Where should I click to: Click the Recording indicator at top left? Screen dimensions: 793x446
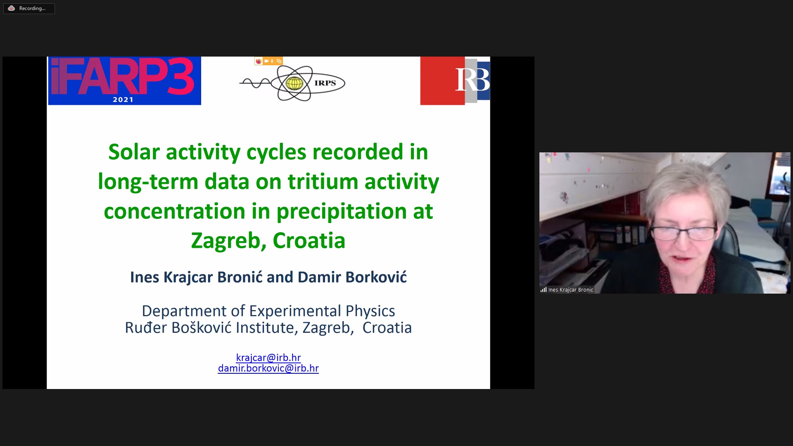click(x=29, y=8)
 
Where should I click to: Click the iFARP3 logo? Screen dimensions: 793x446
click(x=124, y=81)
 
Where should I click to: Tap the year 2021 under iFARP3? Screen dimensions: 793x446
click(x=123, y=100)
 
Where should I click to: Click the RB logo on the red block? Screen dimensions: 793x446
click(x=472, y=80)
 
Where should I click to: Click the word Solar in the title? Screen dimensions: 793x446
click(x=134, y=152)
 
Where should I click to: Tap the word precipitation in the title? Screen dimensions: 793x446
click(x=342, y=211)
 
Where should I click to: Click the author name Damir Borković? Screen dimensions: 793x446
click(x=352, y=277)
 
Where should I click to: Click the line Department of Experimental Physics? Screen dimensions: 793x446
click(x=268, y=311)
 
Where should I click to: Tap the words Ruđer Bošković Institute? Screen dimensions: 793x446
click(x=209, y=328)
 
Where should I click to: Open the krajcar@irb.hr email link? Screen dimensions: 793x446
click(x=268, y=358)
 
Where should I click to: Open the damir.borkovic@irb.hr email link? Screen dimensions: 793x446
click(x=268, y=368)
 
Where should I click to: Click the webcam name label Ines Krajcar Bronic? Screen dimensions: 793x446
click(x=570, y=290)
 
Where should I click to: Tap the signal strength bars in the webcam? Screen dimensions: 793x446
click(x=544, y=290)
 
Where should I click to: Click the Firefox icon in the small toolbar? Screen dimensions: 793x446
click(x=259, y=61)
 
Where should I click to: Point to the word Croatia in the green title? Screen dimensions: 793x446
click(x=309, y=241)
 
